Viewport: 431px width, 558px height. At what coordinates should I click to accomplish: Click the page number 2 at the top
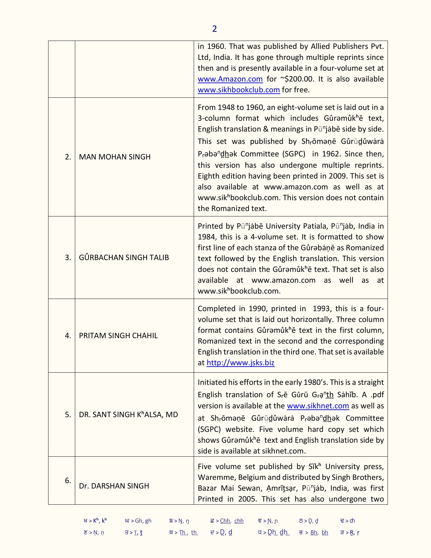point(214,29)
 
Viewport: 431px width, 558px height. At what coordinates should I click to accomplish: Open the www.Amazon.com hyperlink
point(230,79)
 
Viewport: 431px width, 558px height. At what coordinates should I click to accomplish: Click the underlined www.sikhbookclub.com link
point(239,90)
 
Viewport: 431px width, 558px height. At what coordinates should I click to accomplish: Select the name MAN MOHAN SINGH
point(115,157)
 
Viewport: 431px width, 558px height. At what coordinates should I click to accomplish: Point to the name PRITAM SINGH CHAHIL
point(118,335)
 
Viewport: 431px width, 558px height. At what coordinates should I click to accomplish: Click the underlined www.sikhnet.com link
point(318,406)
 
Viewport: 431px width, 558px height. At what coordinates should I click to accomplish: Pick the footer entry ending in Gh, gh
point(138,521)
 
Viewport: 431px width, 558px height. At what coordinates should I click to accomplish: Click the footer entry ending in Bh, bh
point(314,532)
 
